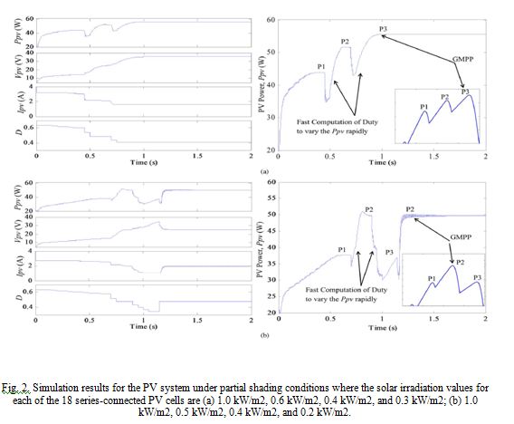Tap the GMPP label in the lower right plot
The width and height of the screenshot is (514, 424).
pos(461,236)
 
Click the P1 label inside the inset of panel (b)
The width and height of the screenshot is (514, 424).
pos(431,278)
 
